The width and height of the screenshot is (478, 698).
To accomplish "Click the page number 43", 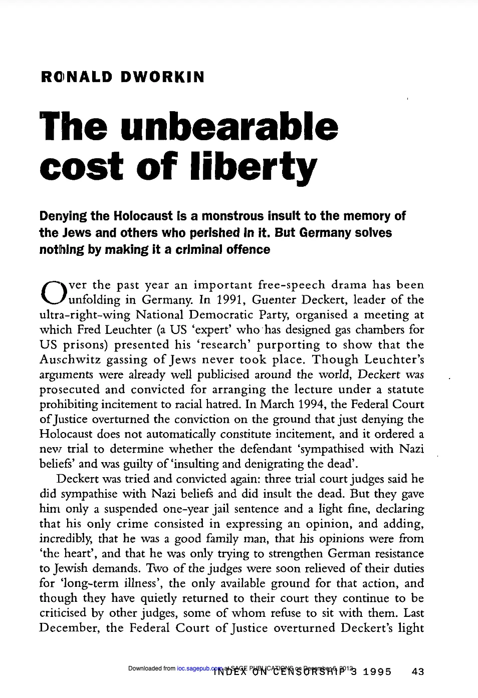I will coord(417,671).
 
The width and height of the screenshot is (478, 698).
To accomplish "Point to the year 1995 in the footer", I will coord(377,671).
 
